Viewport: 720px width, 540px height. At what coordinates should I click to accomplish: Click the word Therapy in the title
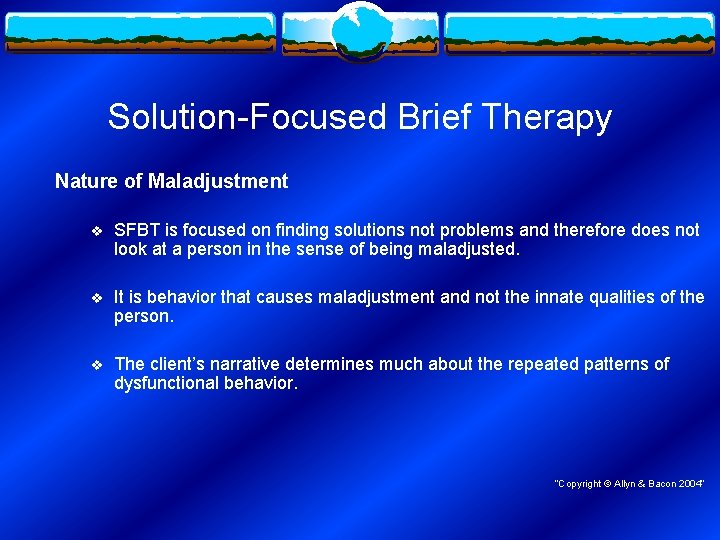coord(546,118)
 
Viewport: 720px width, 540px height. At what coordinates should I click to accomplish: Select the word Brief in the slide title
coord(434,117)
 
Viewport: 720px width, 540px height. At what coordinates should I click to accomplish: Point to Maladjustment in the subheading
coord(218,181)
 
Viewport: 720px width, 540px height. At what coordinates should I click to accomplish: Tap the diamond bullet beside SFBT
coord(96,231)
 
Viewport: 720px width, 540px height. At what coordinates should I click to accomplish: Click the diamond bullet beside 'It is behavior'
coord(96,298)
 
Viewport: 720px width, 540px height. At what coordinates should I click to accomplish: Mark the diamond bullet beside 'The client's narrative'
coord(96,365)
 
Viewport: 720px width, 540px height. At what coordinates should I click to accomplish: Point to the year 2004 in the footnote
coord(691,484)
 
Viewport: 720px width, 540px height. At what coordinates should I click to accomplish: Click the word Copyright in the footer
coord(579,484)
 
